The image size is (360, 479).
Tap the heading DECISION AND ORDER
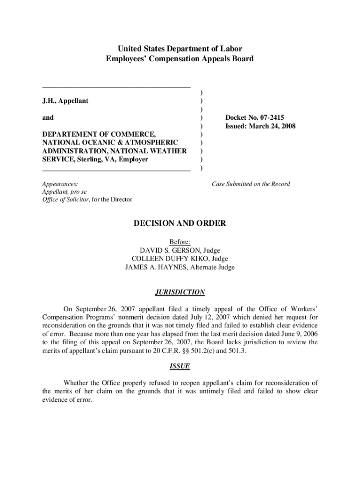[180, 224]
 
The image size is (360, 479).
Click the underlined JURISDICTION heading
[180, 292]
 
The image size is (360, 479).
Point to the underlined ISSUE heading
[180, 366]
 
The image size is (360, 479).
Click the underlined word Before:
[180, 242]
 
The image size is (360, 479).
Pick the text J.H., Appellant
[65, 101]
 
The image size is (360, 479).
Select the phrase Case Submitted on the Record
[251, 184]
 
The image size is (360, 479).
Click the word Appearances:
[60, 184]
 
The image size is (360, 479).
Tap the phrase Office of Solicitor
[64, 200]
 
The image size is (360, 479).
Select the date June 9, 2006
[295, 334]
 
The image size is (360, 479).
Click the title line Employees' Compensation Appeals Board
[180, 59]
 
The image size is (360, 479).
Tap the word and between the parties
[48, 118]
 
